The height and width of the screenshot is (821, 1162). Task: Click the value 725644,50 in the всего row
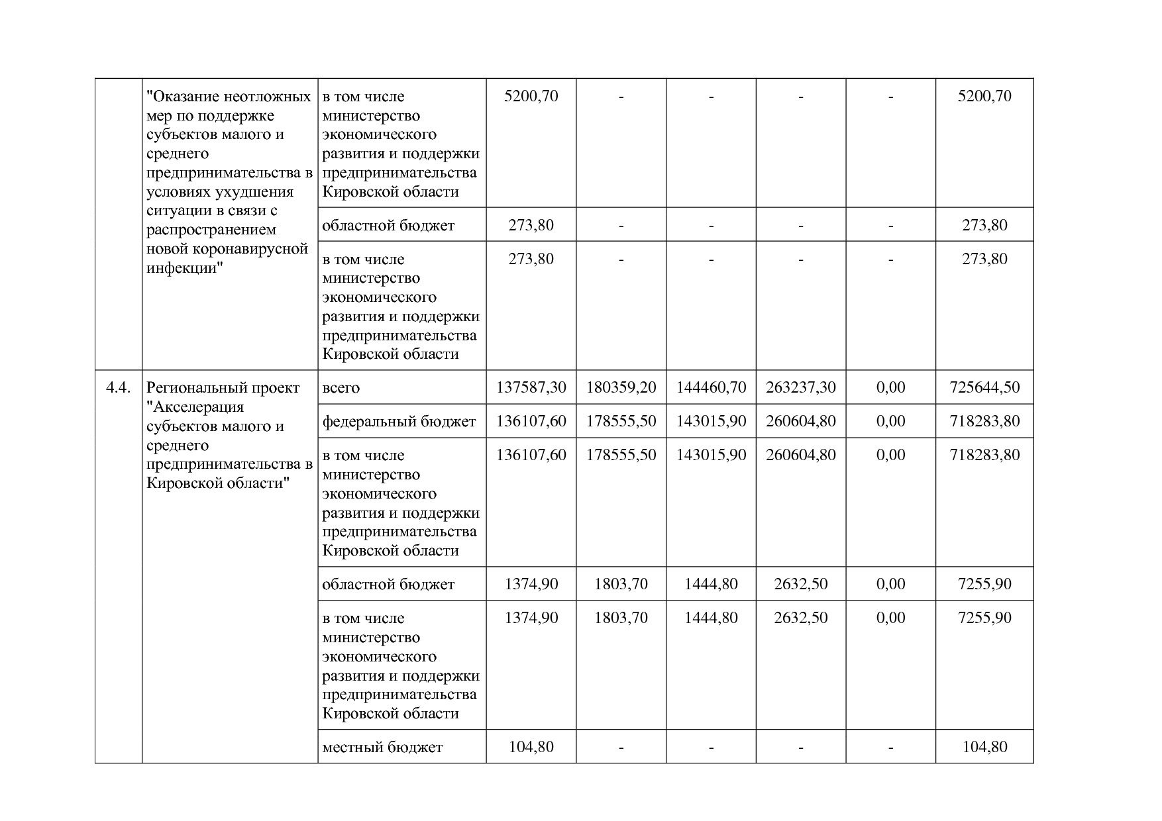pyautogui.click(x=984, y=387)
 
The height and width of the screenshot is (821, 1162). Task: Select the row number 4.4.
pyautogui.click(x=119, y=387)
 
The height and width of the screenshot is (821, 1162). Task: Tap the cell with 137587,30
pyautogui.click(x=531, y=387)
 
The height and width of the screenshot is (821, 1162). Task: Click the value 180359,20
pyautogui.click(x=621, y=387)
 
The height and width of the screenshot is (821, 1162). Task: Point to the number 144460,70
pyautogui.click(x=711, y=387)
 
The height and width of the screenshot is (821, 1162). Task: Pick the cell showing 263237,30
pyautogui.click(x=801, y=387)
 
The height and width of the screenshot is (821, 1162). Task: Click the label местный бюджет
pyautogui.click(x=382, y=748)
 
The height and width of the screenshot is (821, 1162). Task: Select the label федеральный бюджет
pyautogui.click(x=399, y=421)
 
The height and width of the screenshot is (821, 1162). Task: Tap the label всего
pyautogui.click(x=341, y=388)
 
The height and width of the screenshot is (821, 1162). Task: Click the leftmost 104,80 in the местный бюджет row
pyautogui.click(x=531, y=747)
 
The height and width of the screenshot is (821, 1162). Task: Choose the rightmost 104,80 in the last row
pyautogui.click(x=984, y=747)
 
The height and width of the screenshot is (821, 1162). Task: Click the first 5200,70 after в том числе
pyautogui.click(x=531, y=96)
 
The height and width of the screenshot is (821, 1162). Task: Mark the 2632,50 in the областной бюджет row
pyautogui.click(x=801, y=584)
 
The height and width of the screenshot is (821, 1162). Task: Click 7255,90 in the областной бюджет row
pyautogui.click(x=984, y=584)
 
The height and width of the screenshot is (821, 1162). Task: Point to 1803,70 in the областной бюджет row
pyautogui.click(x=621, y=584)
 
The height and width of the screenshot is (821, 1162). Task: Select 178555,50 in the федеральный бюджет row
pyautogui.click(x=621, y=421)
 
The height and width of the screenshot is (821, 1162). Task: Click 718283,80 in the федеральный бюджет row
pyautogui.click(x=984, y=421)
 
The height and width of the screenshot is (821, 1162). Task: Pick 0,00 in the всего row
pyautogui.click(x=890, y=387)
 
